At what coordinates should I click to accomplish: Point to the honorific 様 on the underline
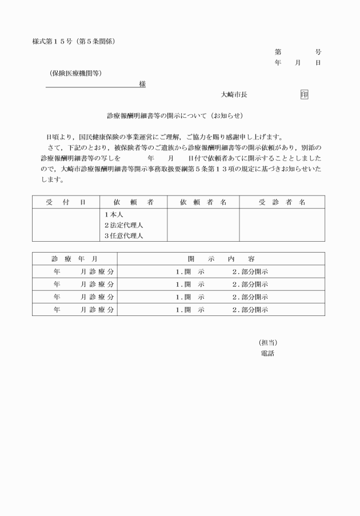[142, 84]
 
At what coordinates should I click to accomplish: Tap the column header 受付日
[66, 202]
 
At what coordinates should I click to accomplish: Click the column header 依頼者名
[203, 202]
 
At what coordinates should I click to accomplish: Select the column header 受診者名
[282, 202]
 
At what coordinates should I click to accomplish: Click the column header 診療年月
[74, 259]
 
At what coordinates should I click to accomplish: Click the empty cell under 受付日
[66, 225]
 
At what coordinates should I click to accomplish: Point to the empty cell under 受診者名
[282, 225]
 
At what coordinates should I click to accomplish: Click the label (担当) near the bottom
[268, 342]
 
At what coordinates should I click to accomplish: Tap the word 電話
[267, 353]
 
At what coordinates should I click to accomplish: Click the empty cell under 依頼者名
[203, 225]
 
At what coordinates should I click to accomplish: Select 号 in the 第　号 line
[318, 52]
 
